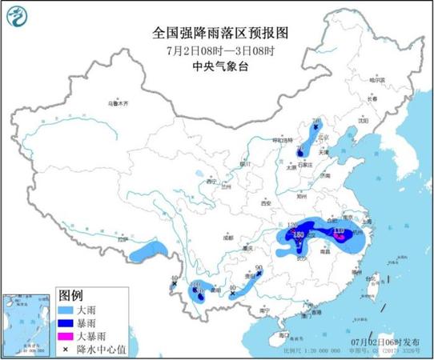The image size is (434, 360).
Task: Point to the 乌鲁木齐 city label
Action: tap(119, 103)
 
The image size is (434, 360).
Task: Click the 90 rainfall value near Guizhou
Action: tap(259, 269)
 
